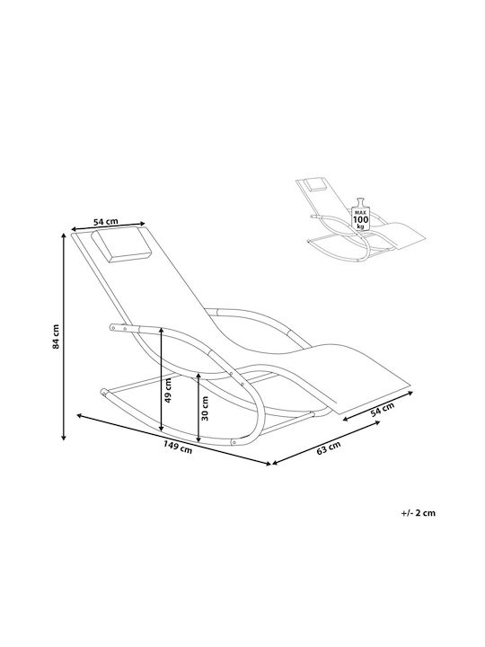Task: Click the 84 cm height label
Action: pyautogui.click(x=56, y=336)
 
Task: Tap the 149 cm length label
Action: pyautogui.click(x=178, y=447)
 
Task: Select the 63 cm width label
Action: pyautogui.click(x=329, y=448)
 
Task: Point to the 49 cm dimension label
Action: pyautogui.click(x=168, y=391)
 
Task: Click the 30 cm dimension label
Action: pyautogui.click(x=205, y=409)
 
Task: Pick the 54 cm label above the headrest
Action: pyautogui.click(x=106, y=222)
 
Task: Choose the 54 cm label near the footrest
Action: pyautogui.click(x=382, y=410)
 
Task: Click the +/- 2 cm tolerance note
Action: pyautogui.click(x=418, y=513)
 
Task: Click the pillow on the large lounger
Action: pyautogui.click(x=121, y=245)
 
